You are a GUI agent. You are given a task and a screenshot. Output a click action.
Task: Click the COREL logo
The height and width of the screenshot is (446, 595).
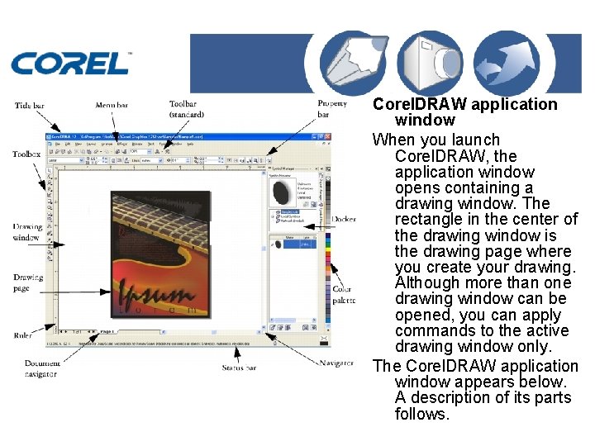[x=70, y=63]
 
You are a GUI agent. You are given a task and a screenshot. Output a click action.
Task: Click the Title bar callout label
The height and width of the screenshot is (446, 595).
[x=30, y=106]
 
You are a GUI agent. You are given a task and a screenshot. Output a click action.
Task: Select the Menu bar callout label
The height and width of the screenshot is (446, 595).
[x=112, y=105]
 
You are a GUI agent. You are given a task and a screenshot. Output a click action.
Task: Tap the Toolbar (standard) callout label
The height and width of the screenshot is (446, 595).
[x=186, y=109]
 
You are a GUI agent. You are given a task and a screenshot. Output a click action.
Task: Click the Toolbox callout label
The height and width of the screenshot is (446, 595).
[x=26, y=154]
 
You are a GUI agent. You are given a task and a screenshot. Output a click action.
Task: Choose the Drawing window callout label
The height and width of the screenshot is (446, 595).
[x=26, y=232]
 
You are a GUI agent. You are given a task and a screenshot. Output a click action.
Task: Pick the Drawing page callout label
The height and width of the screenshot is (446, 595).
[x=27, y=282]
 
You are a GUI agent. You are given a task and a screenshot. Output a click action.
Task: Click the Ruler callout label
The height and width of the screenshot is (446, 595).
[x=23, y=335]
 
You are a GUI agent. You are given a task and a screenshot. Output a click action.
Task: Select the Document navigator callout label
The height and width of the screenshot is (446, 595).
[x=41, y=368]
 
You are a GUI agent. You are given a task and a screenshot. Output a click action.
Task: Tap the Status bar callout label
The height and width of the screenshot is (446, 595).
[x=240, y=367]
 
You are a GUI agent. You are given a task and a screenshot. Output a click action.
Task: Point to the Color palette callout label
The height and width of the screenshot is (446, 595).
[x=344, y=294]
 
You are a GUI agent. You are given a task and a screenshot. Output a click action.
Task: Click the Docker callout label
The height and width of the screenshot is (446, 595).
[x=344, y=219]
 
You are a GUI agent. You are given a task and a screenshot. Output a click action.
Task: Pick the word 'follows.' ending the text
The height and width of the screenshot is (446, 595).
[x=421, y=413]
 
